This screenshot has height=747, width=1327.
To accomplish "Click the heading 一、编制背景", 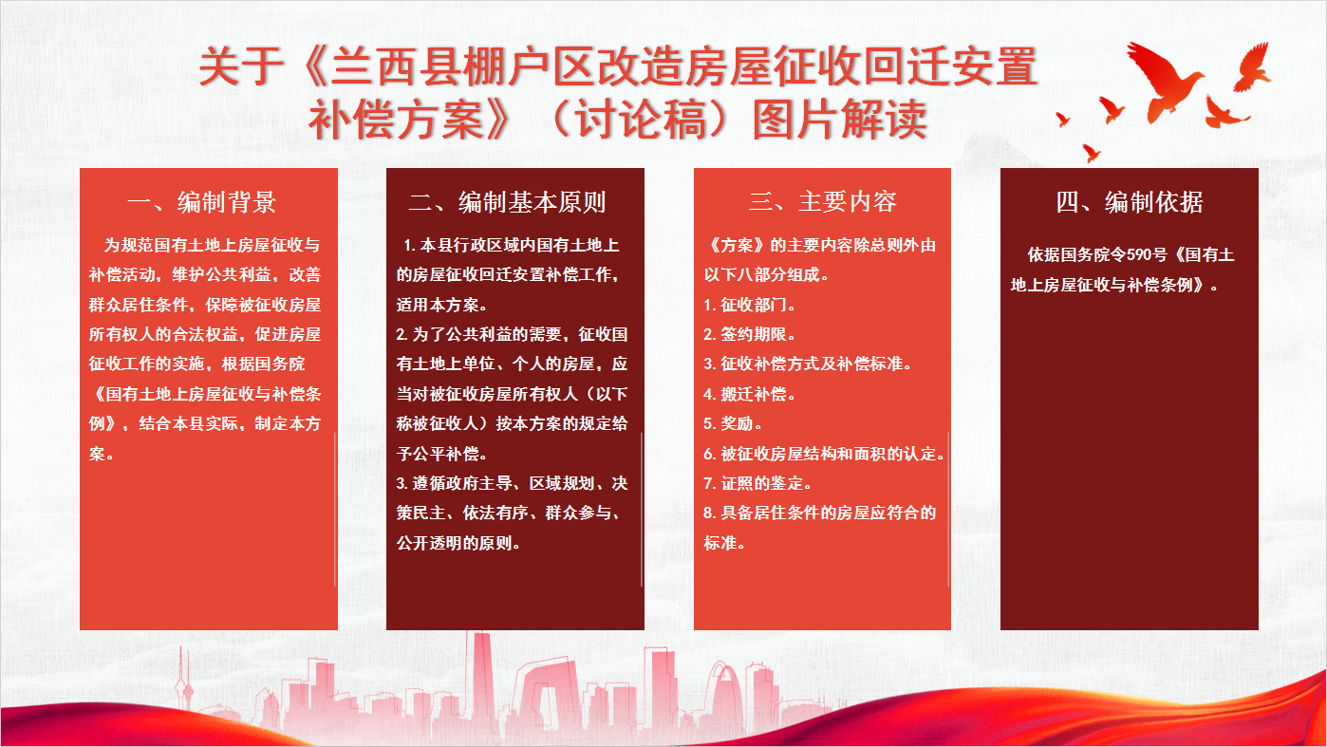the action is (x=202, y=202).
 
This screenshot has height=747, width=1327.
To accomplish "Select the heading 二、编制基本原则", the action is (x=508, y=202).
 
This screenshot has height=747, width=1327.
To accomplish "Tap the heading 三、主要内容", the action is (x=823, y=201).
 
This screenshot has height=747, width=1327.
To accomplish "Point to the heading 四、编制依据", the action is (x=1130, y=202).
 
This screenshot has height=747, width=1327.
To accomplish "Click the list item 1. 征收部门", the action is (x=749, y=305).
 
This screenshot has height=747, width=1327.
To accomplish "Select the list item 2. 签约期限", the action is (x=749, y=334).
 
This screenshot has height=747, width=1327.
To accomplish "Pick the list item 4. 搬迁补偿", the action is (x=749, y=394).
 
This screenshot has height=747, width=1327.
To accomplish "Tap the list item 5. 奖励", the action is (x=733, y=423).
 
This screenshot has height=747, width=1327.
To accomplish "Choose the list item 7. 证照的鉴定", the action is (x=757, y=483).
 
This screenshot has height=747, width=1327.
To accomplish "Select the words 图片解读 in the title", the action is (x=839, y=119).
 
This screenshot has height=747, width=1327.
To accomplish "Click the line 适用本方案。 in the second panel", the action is (x=442, y=305).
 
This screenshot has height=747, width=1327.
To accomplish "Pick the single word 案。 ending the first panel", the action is (x=102, y=454).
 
